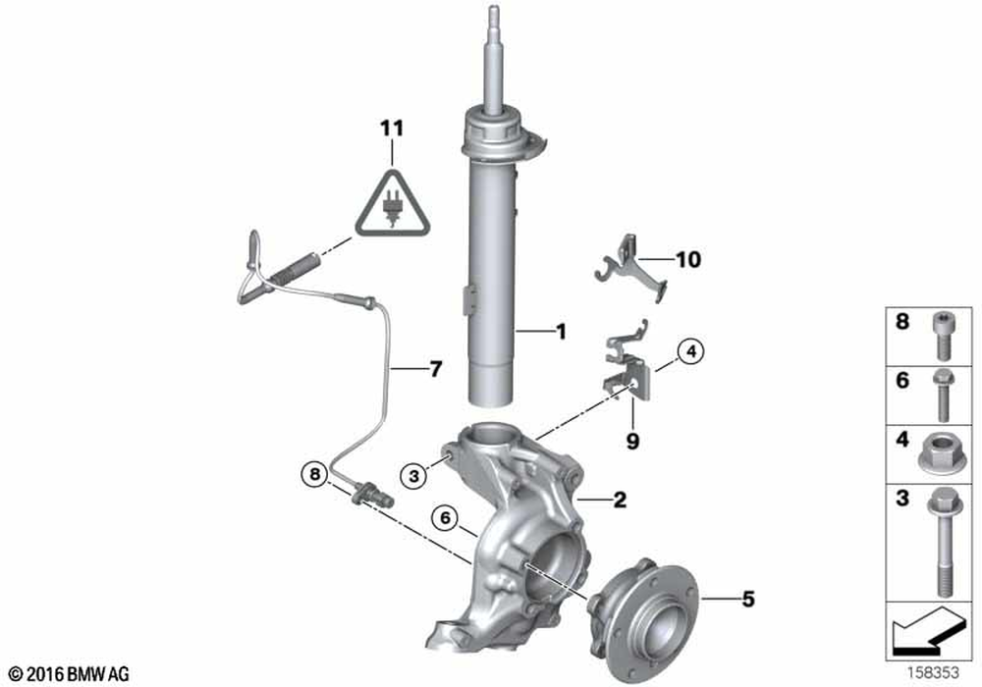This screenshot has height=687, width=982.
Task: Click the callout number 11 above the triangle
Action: coord(392,129)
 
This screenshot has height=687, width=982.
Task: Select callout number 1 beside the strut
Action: coord(561,333)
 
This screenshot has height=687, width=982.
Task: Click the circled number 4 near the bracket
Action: coord(690,350)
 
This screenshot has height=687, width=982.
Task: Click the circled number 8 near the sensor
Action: coord(314,475)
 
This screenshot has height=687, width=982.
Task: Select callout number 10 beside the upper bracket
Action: coord(689,260)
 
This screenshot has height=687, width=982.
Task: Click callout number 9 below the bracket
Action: coord(632,442)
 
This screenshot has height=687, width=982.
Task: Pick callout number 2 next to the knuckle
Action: coord(620,501)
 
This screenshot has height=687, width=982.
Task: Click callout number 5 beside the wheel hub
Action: coord(748,598)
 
